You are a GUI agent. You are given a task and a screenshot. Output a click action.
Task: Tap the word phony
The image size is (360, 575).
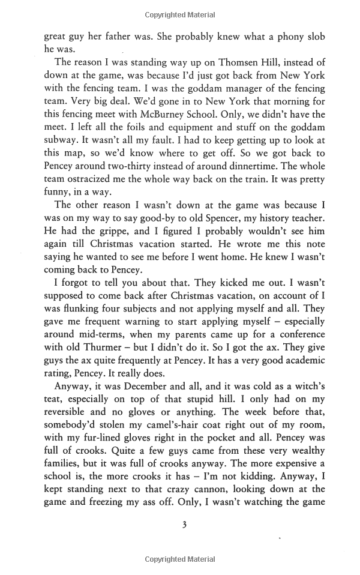coord(279,37)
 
